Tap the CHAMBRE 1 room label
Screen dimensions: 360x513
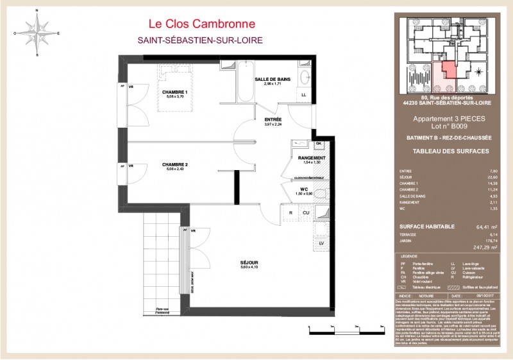tap(174, 92)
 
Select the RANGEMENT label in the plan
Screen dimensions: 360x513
tap(311, 158)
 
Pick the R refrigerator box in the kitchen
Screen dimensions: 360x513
tap(290, 212)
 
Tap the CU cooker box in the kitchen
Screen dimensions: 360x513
tap(306, 212)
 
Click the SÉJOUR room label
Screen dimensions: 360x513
tap(250, 263)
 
